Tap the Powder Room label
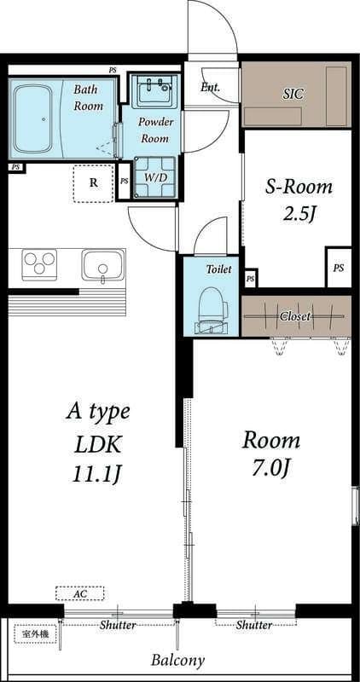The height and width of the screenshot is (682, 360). tap(156, 130)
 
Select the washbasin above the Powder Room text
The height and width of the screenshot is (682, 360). tap(154, 90)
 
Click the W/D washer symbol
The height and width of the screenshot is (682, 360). tap(155, 177)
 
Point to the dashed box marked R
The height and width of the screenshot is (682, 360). tap(93, 183)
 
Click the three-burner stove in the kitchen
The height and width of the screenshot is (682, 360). tap(39, 265)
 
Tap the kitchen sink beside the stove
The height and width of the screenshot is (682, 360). tap(103, 265)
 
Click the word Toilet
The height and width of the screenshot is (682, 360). tap(218, 269)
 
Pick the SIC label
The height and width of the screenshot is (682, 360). tap(293, 94)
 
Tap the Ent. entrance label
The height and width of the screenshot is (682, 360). tap(210, 87)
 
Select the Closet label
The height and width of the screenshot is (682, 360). tap(295, 316)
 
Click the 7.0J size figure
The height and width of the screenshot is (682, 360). tap(271, 468)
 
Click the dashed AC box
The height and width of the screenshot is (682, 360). tap(79, 592)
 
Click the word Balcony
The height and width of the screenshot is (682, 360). tap(178, 660)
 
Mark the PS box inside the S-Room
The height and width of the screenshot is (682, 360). tap(339, 268)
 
